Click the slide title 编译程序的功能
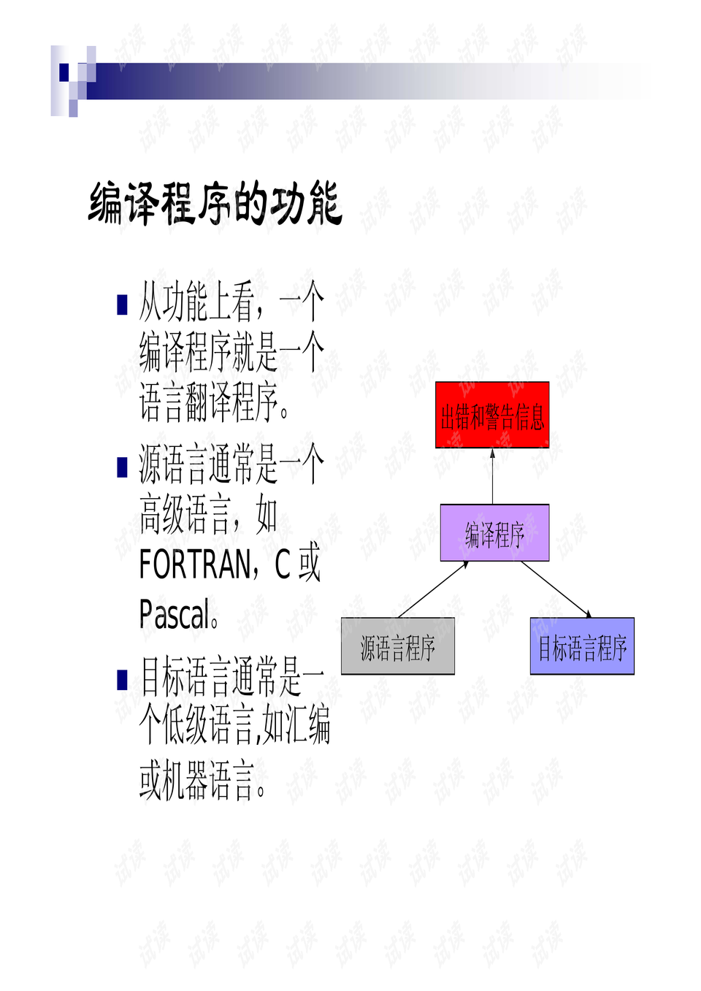point(215,204)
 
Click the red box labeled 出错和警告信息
point(492,415)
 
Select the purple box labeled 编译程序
point(494,532)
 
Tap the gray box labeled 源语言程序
point(398,646)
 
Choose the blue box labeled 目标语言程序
point(582,646)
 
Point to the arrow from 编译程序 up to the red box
point(492,476)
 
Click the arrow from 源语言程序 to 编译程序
point(434,589)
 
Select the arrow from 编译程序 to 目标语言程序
point(556,589)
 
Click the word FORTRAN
point(194,565)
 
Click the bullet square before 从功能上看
point(122,305)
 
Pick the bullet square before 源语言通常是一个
point(122,467)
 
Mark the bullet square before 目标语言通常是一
point(122,680)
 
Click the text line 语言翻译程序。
point(214,402)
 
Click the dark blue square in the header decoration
point(64,72)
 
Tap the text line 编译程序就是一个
point(231,353)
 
